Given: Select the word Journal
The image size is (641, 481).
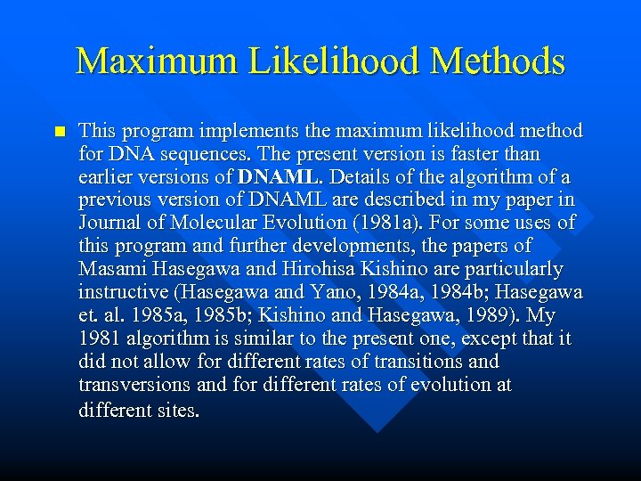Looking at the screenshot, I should [110, 223].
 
